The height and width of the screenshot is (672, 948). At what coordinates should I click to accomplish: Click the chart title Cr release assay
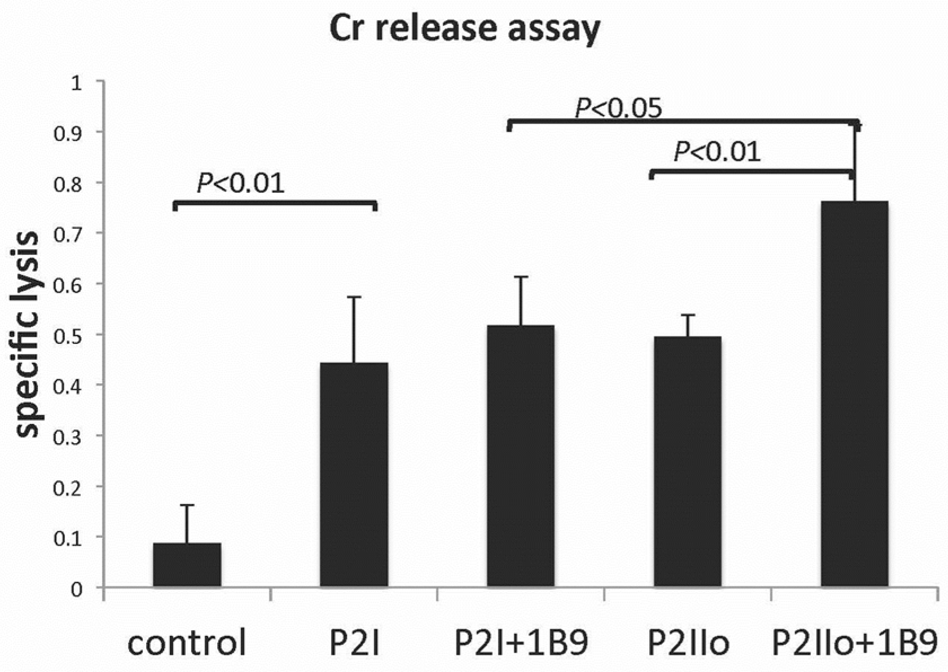465,29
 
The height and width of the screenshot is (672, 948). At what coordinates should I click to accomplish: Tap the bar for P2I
354,475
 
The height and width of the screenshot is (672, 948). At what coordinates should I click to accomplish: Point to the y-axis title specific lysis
27,335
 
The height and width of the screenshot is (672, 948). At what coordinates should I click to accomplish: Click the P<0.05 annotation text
618,108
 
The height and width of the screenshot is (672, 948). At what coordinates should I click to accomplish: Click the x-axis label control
187,643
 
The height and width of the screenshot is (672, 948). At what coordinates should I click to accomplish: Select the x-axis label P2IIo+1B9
854,643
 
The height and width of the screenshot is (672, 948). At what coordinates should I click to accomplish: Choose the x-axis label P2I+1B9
521,643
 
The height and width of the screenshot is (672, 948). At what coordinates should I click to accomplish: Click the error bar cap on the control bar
187,505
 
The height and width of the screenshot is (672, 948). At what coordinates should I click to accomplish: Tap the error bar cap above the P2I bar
354,297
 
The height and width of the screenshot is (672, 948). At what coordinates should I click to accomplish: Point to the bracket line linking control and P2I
275,202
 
